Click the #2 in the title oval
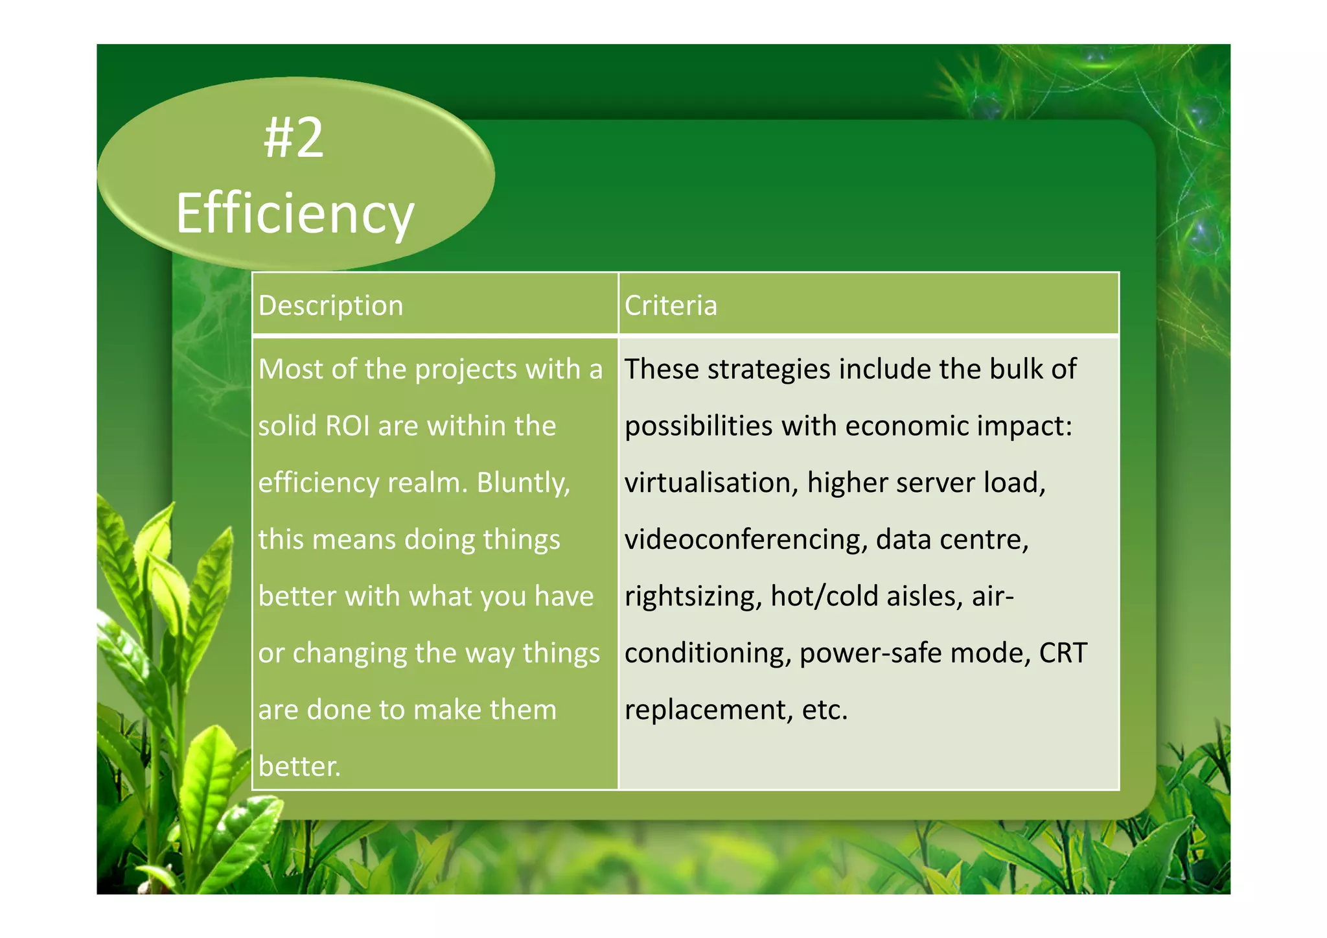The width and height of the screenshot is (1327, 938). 294,139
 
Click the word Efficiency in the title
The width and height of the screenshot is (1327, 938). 295,214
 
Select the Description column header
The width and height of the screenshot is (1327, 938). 330,305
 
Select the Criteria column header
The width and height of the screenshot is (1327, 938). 671,305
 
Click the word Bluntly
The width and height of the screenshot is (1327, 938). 523,483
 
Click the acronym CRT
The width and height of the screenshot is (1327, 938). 1063,653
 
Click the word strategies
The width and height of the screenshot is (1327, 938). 768,370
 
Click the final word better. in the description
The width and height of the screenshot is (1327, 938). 299,767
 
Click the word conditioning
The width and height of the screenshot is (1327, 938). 708,653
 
